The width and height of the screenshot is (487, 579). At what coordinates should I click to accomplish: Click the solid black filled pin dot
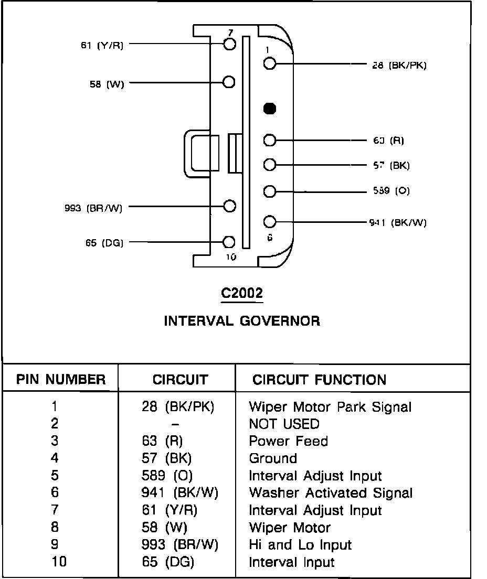[270, 109]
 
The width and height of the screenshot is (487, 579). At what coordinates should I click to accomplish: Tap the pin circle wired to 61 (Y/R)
[229, 44]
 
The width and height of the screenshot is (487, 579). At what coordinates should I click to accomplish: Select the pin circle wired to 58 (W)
[229, 82]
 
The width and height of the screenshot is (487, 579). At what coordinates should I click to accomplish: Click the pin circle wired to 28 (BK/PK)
[270, 64]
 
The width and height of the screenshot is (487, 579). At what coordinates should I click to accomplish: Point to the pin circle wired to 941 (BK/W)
[270, 221]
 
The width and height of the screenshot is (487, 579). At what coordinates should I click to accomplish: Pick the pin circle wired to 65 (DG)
[229, 242]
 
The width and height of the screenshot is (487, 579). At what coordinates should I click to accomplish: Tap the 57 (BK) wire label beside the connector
[388, 166]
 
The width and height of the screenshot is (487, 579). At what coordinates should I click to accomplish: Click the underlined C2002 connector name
[242, 294]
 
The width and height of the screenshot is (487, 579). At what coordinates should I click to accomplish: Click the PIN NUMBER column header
[61, 380]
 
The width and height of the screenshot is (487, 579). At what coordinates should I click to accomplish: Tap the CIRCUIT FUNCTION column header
[319, 380]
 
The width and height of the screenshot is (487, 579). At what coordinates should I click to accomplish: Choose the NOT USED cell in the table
[284, 424]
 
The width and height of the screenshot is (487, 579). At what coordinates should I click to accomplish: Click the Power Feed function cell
[288, 441]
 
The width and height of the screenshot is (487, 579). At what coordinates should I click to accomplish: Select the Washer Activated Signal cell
[331, 493]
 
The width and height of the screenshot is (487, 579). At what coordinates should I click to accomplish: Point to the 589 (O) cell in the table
[167, 476]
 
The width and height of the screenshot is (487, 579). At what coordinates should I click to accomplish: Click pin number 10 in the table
[59, 562]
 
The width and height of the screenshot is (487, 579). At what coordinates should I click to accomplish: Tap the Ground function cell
[273, 458]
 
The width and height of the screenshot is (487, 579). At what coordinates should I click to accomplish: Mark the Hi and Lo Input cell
[300, 545]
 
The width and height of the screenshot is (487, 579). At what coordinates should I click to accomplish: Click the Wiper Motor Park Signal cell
[330, 406]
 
